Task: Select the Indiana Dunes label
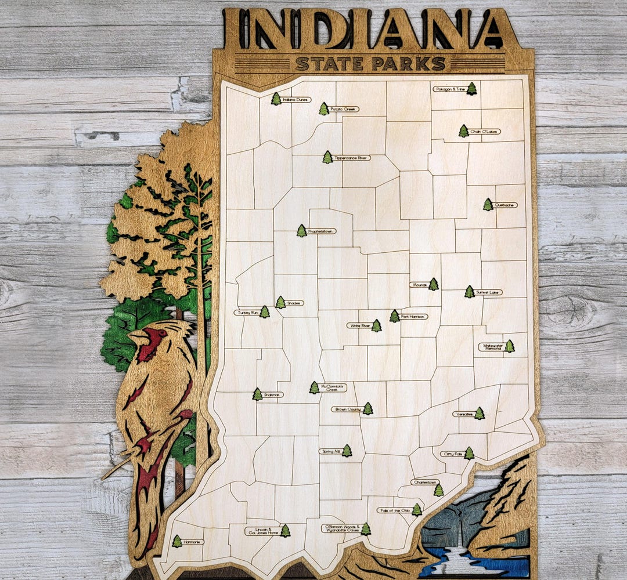click(296, 100)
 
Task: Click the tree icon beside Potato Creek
click(323, 109)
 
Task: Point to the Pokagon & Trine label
click(449, 89)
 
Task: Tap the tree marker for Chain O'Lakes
click(463, 131)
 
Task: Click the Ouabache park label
click(505, 205)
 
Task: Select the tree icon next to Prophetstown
click(301, 231)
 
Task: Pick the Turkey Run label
click(247, 313)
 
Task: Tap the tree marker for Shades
click(280, 302)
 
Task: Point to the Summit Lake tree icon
click(469, 292)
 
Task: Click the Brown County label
click(347, 409)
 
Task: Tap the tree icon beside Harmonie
click(176, 542)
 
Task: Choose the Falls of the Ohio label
click(394, 510)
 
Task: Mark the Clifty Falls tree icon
click(469, 453)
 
